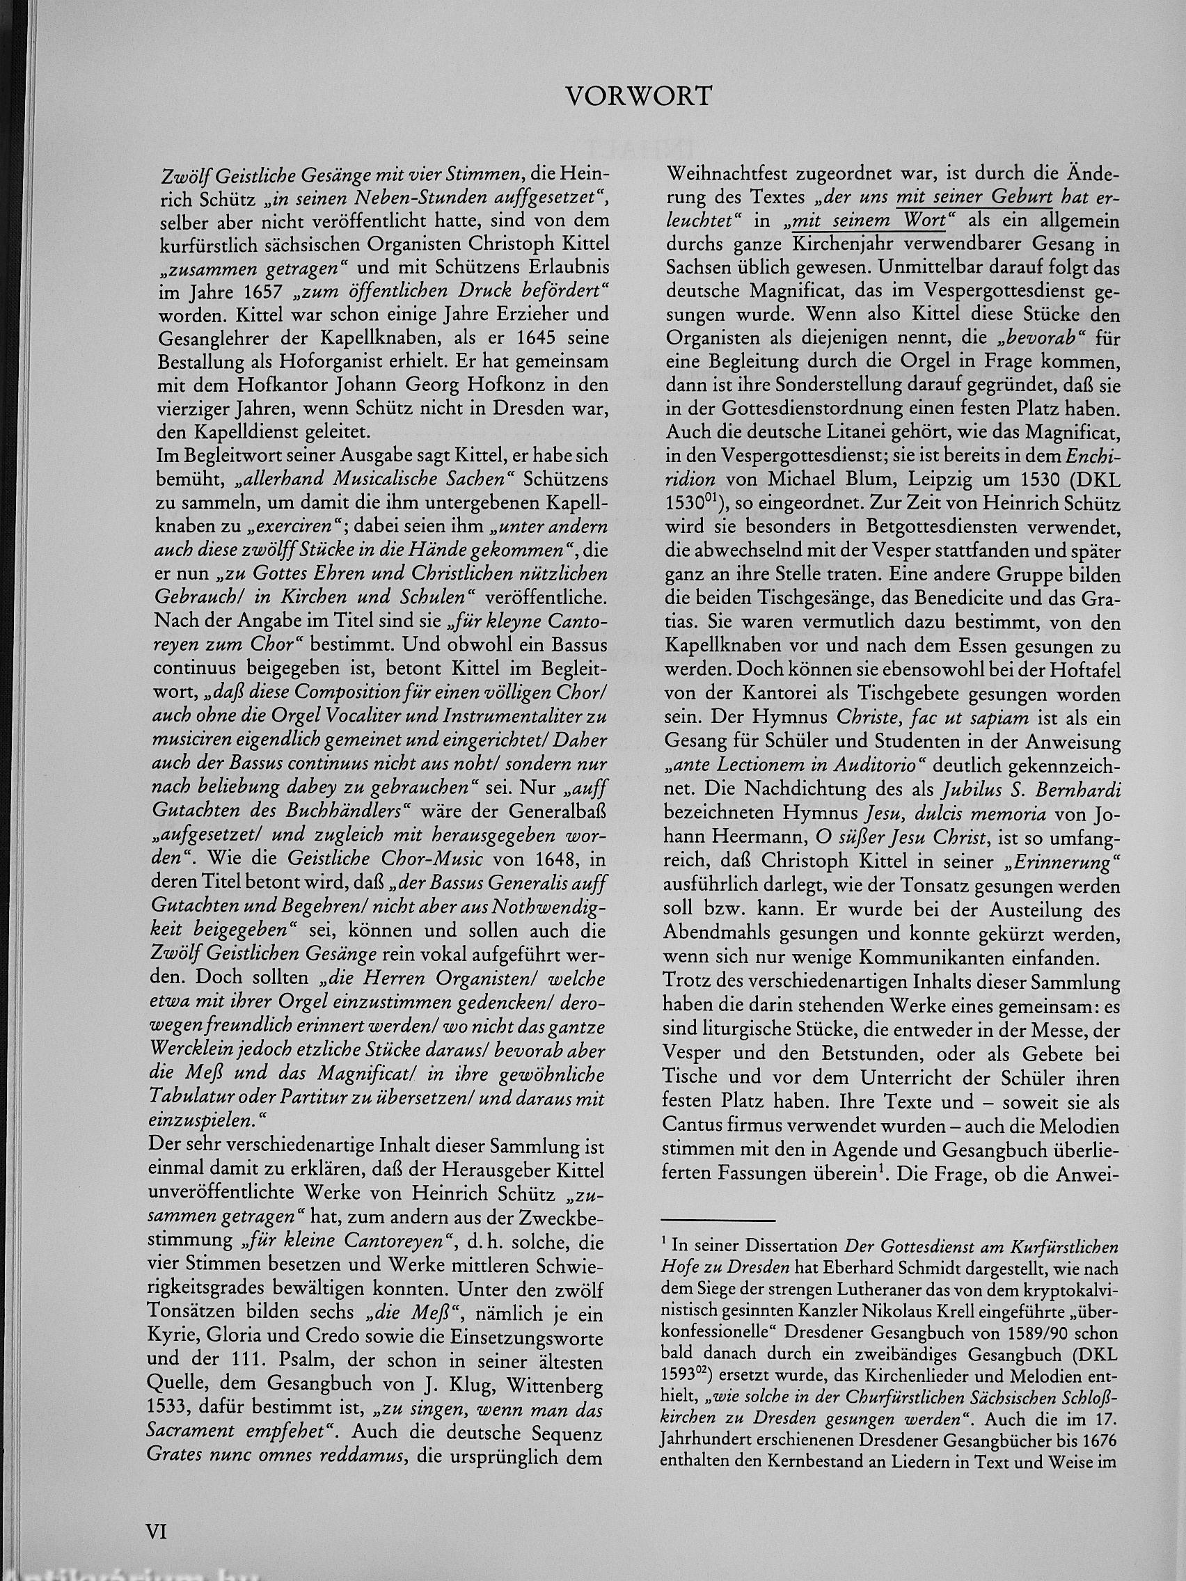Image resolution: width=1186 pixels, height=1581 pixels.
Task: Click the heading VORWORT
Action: pyautogui.click(x=638, y=96)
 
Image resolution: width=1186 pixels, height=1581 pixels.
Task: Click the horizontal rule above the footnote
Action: pyautogui.click(x=719, y=1220)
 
